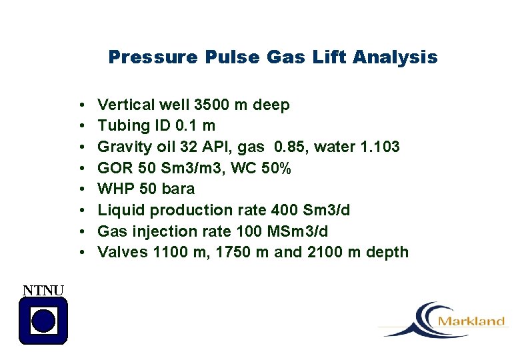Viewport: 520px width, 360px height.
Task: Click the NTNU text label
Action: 43,289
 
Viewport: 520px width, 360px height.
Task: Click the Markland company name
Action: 471,321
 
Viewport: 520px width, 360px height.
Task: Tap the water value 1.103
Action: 377,147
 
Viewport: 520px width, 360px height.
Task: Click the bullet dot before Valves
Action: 80,253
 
